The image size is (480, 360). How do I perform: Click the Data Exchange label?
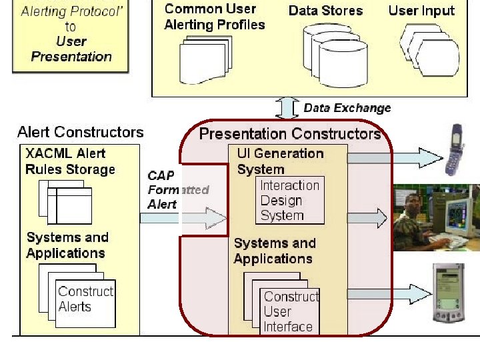pos(347,108)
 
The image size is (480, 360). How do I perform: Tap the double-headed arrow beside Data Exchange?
pos(289,108)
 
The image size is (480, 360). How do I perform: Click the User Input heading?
pos(421,11)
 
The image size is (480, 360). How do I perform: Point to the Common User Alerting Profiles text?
pos(214,17)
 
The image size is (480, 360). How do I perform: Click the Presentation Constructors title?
pos(289,134)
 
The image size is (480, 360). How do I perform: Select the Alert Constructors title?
pos(80,133)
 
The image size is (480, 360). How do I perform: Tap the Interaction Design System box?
pos(290,200)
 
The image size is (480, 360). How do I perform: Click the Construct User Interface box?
pos(290,311)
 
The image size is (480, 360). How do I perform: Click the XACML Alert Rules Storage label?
pos(70,161)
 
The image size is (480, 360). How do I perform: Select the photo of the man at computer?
pos(437,217)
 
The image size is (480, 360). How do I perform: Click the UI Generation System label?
pos(280,161)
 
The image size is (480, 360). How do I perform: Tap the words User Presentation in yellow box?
pos(71,49)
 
